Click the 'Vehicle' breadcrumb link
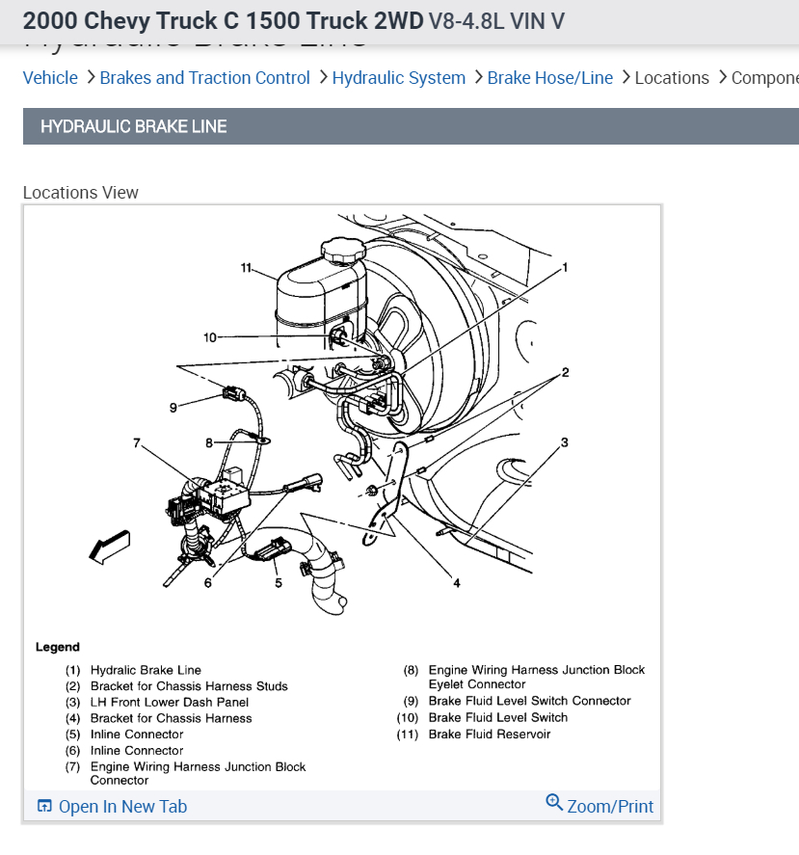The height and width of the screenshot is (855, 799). click(x=50, y=78)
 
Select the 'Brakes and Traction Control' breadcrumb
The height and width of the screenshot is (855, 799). click(x=204, y=78)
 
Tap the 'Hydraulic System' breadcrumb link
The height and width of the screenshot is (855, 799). click(x=398, y=78)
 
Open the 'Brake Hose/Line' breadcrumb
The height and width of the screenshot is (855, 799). click(x=549, y=78)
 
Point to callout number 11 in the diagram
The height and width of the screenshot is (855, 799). click(x=246, y=267)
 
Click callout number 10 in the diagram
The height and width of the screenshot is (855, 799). click(x=211, y=337)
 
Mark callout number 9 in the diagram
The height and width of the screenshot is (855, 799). click(x=173, y=408)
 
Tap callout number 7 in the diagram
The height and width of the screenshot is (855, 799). click(x=137, y=443)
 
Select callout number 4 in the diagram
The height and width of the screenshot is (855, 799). click(x=457, y=581)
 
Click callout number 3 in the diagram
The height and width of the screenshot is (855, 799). click(x=565, y=442)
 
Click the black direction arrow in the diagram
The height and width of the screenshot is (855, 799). click(x=108, y=547)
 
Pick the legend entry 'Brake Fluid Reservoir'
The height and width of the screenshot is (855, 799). click(x=490, y=735)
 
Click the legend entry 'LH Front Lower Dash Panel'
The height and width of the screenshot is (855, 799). click(x=170, y=703)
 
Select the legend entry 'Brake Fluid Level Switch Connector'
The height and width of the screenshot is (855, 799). click(x=529, y=701)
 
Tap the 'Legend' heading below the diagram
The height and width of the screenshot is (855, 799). click(x=58, y=647)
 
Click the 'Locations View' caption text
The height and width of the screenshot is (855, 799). click(x=81, y=193)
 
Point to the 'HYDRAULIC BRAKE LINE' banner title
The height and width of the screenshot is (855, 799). click(x=134, y=126)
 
